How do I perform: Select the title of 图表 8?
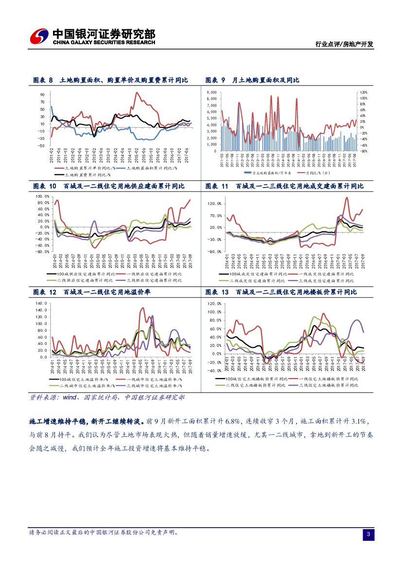click(x=110, y=80)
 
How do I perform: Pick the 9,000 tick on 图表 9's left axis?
click(x=211, y=92)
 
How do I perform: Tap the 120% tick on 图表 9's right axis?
click(x=363, y=92)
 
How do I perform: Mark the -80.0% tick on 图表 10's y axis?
click(x=43, y=251)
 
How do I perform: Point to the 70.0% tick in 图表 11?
click(x=215, y=215)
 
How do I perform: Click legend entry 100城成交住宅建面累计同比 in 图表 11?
click(x=260, y=274)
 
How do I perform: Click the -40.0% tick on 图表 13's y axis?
click(x=215, y=370)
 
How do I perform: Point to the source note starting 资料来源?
click(x=107, y=397)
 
